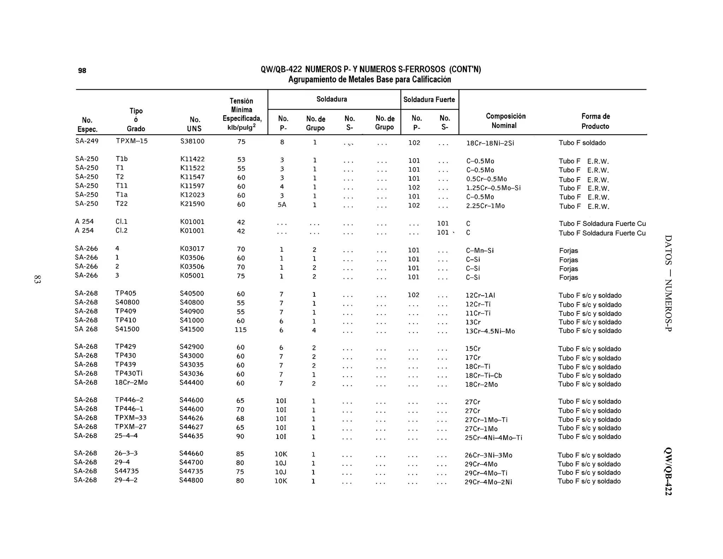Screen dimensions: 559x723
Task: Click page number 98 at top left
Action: pyautogui.click(x=82, y=71)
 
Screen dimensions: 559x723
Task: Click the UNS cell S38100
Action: pyautogui.click(x=192, y=141)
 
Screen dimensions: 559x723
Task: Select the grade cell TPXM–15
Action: pyautogui.click(x=132, y=141)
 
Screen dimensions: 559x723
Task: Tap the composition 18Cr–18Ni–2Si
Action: pyautogui.click(x=490, y=143)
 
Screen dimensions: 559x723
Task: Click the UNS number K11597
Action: pyautogui.click(x=192, y=186)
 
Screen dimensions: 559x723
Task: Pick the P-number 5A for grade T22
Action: pyautogui.click(x=282, y=205)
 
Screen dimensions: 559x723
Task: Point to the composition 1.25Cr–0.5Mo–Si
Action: pyautogui.click(x=493, y=188)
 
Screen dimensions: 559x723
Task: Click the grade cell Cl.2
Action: pyautogui.click(x=121, y=230)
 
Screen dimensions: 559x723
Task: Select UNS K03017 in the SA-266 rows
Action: pyautogui.click(x=192, y=249)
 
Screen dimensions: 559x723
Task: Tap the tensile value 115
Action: pyautogui.click(x=240, y=330)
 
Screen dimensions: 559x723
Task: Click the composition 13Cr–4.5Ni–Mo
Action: pyautogui.click(x=490, y=331)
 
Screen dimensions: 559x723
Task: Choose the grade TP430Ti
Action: pyautogui.click(x=129, y=373)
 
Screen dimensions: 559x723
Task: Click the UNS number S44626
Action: pyautogui.click(x=191, y=418)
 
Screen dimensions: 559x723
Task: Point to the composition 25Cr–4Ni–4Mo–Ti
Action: pyautogui.click(x=493, y=438)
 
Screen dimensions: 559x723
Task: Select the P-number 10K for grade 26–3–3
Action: pyautogui.click(x=281, y=454)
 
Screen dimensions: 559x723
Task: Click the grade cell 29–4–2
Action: pyautogui.click(x=126, y=480)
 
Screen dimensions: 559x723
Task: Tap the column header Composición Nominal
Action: pyautogui.click(x=505, y=121)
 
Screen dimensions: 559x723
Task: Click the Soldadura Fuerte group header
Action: pyautogui.click(x=429, y=100)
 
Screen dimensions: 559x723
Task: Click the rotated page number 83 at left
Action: pyautogui.click(x=37, y=279)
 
